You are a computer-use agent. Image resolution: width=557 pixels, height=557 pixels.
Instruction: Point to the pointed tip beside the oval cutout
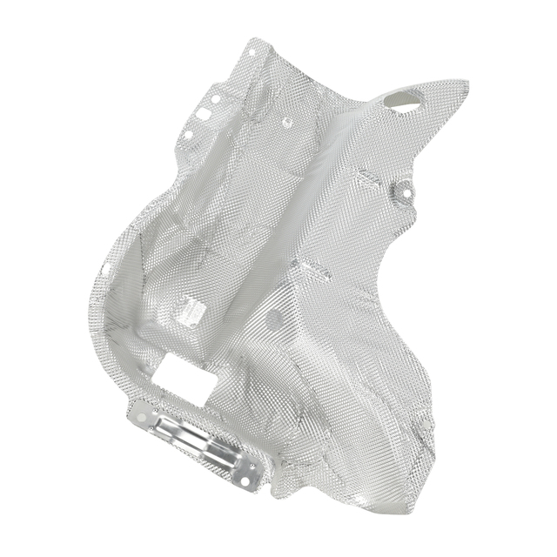465,86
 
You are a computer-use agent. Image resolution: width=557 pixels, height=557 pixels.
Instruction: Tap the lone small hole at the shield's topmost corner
252,54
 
